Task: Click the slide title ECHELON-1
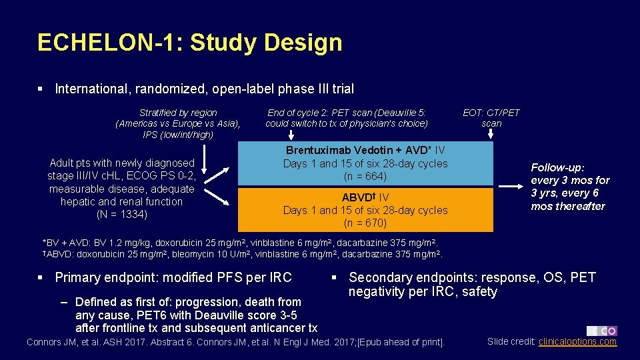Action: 189,43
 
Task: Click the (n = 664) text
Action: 365,177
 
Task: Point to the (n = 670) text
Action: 365,223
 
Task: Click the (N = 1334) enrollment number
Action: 121,215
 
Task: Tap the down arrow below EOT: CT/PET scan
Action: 491,135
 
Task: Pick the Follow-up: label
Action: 557,167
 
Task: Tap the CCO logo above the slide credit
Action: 601,331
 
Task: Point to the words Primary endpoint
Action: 113,277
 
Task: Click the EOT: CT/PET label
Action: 491,113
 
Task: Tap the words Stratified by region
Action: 178,113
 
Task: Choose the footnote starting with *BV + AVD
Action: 240,243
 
